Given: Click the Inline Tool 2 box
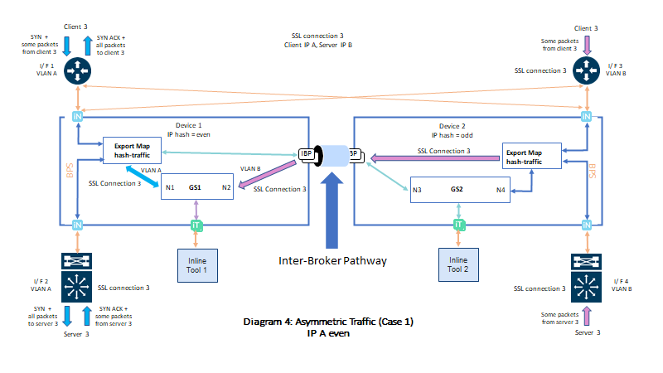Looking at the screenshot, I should tap(459, 263).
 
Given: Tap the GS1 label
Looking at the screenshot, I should tap(196, 187).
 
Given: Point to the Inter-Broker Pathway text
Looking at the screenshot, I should tap(333, 259).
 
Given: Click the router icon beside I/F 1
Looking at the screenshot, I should tap(77, 71).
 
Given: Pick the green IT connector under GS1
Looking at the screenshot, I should tap(196, 225).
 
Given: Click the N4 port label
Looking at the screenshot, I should tap(500, 191).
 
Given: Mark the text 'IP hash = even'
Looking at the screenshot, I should tap(190, 133).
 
